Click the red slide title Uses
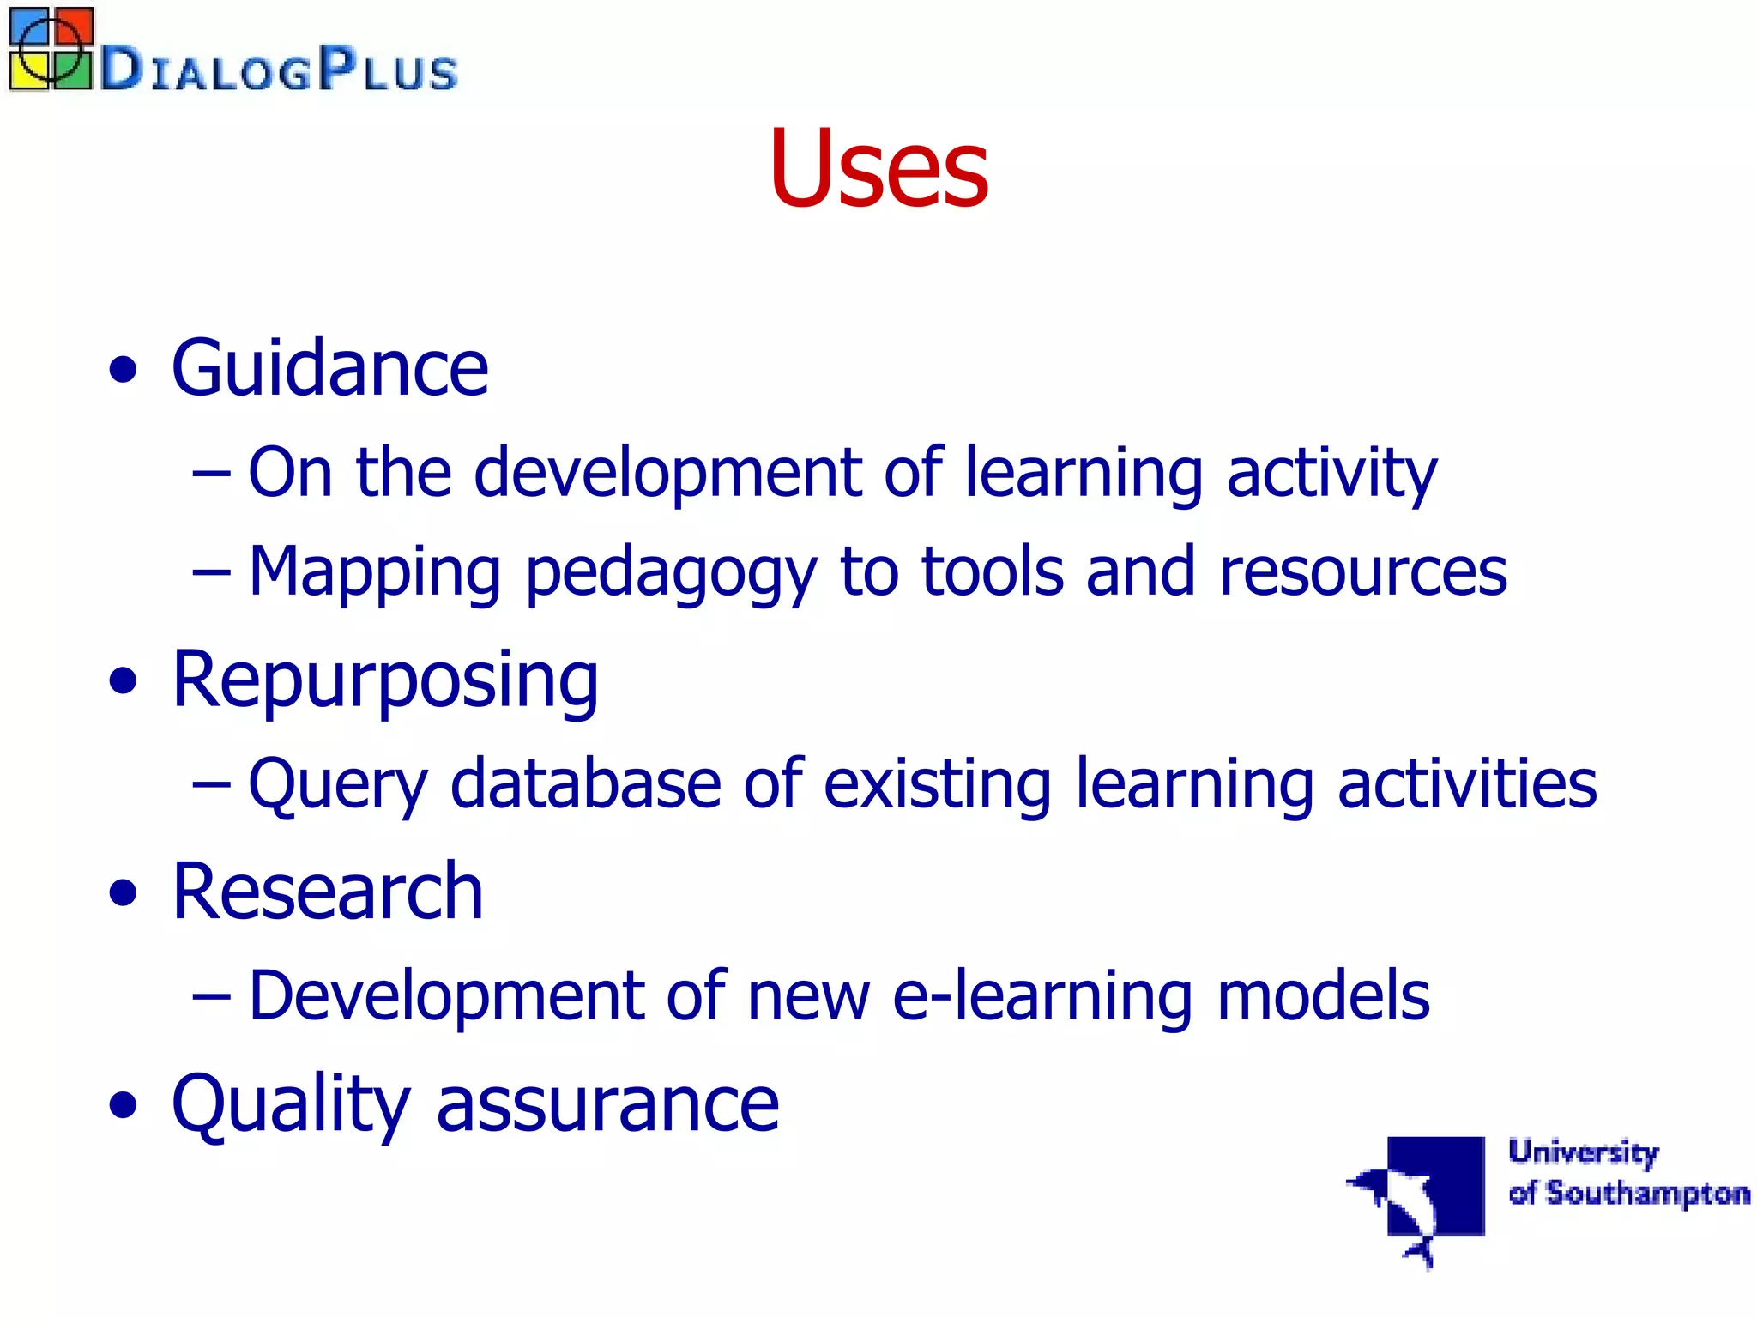point(878,167)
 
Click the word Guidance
point(330,369)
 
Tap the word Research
point(328,892)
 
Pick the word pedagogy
point(671,573)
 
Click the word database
point(586,784)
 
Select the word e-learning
point(1042,996)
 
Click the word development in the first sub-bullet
point(667,473)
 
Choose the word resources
point(1363,573)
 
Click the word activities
point(1467,784)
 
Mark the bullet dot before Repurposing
point(124,682)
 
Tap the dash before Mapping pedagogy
point(211,571)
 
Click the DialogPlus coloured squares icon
point(50,48)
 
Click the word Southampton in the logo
point(1647,1194)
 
